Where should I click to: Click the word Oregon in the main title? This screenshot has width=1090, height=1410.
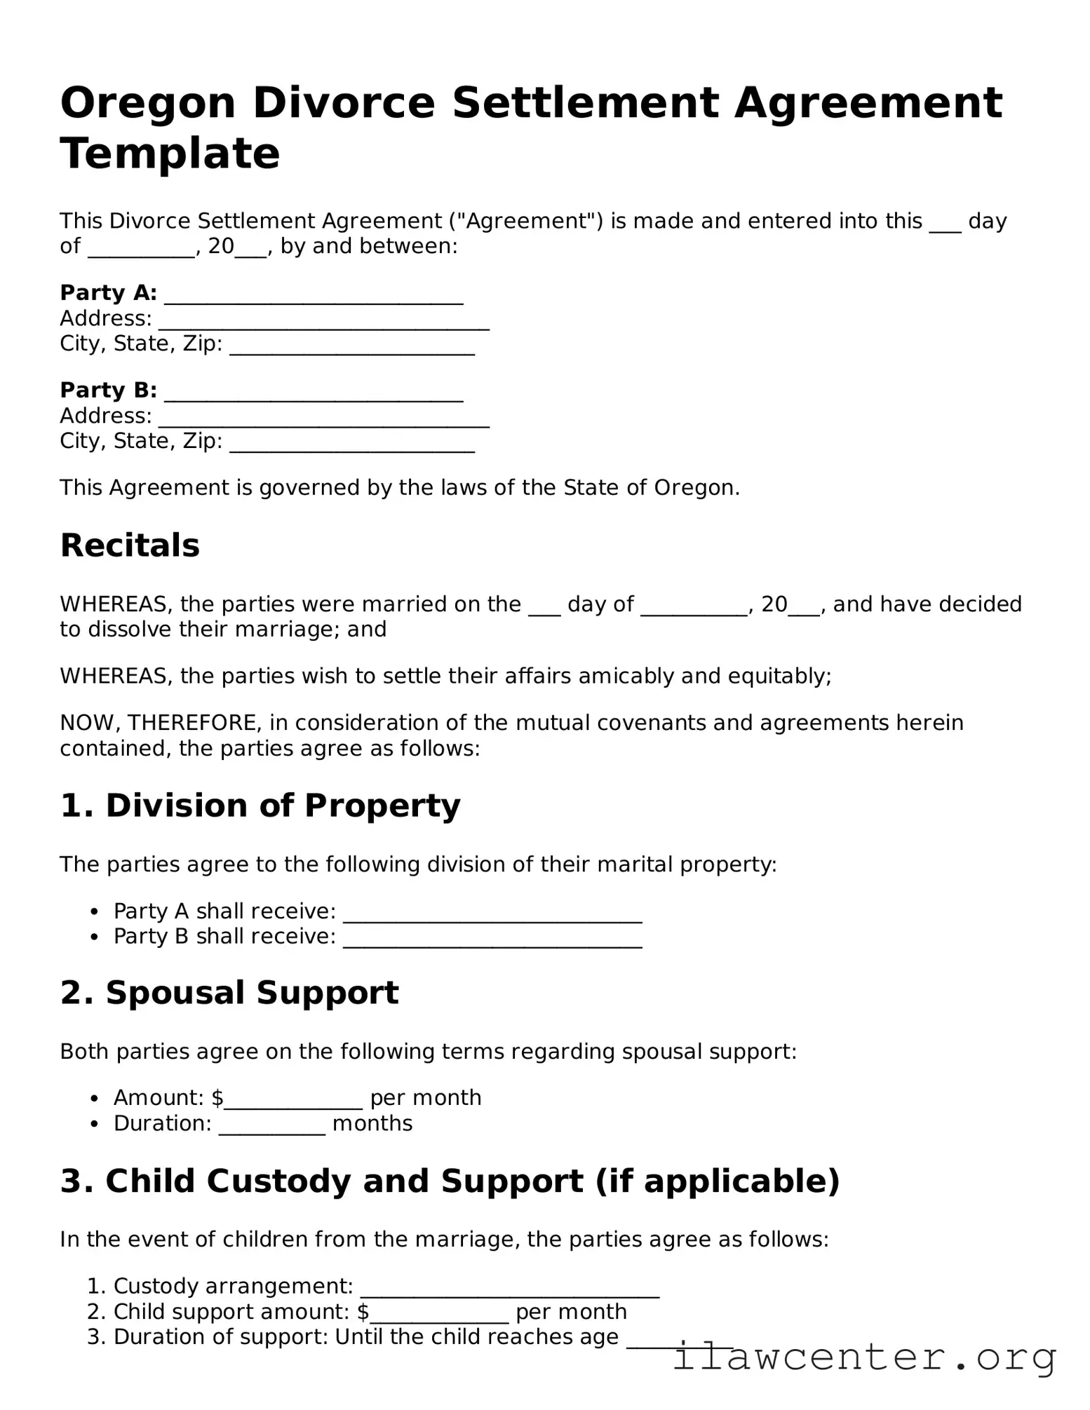tap(147, 103)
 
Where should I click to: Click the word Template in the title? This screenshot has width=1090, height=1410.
tap(170, 154)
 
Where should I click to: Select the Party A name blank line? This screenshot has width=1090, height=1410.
tap(314, 295)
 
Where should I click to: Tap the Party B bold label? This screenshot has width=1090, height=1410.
tap(108, 390)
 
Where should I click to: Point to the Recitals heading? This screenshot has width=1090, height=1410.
tap(130, 545)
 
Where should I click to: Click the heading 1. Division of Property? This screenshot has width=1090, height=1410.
tap(260, 806)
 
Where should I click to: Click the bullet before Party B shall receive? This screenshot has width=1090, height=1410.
tap(94, 937)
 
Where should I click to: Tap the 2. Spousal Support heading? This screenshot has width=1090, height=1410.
tap(229, 993)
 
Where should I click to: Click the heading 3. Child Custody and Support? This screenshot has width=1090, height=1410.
tap(450, 1181)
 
